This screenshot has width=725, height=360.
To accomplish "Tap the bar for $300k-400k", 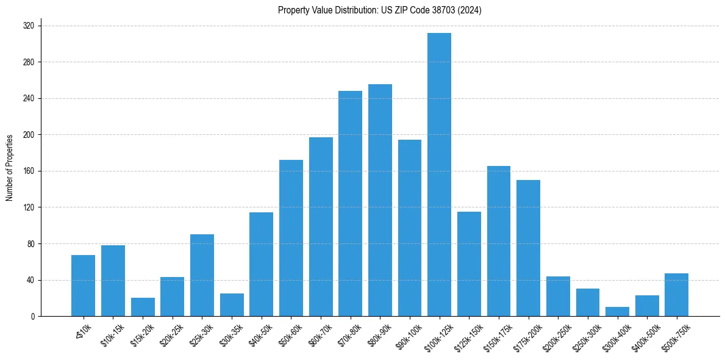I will pyautogui.click(x=617, y=312).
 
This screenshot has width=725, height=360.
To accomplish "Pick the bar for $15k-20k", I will pyautogui.click(x=143, y=307).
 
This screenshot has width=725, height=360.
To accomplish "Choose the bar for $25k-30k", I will pyautogui.click(x=202, y=275).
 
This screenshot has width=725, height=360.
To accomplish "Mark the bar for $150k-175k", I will pyautogui.click(x=498, y=241).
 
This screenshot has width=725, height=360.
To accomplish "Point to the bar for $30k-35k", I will pyautogui.click(x=232, y=305).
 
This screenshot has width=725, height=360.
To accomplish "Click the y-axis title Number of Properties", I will pyautogui.click(x=10, y=168).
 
